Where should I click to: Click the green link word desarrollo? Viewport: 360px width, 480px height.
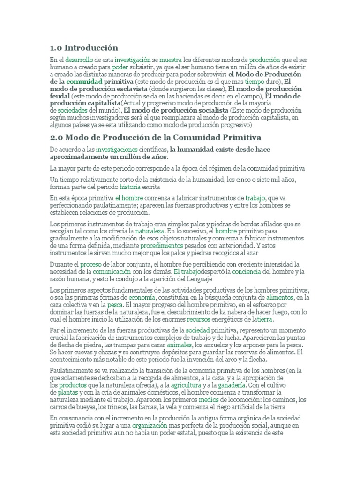[x=79, y=60]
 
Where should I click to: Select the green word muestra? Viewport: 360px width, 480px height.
[x=170, y=60]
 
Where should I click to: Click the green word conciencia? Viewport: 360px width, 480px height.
[x=234, y=271]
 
